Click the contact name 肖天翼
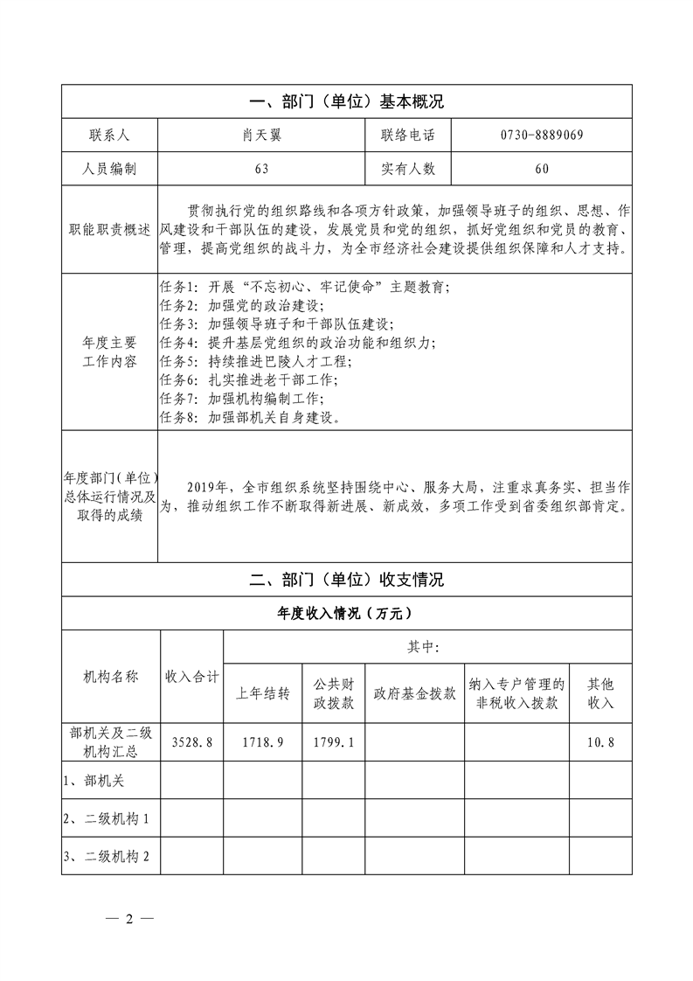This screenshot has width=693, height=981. pos(261,135)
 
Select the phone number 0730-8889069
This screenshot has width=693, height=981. pos(542,135)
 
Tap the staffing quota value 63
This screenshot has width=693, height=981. pos(261,168)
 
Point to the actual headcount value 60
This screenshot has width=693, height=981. pos(542,168)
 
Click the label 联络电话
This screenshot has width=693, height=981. pos(408,135)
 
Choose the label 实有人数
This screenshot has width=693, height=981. pos(408,168)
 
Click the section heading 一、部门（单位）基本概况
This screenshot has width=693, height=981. pos(347,101)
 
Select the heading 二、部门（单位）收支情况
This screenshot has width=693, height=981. pos(347,580)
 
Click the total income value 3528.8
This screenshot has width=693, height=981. pos(192,742)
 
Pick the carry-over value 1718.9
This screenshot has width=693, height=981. pos(263,742)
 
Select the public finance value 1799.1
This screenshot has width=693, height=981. pos(334,742)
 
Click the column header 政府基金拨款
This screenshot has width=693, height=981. pos(414,693)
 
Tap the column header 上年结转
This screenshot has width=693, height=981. pos(263,693)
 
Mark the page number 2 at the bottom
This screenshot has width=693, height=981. pos(128,920)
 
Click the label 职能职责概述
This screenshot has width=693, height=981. pos(109,230)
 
